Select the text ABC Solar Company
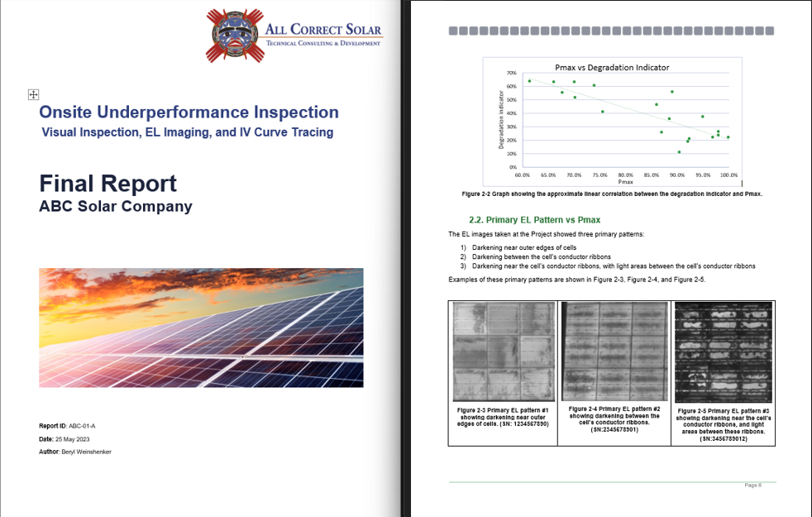click(115, 207)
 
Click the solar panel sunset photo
click(201, 328)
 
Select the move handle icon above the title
click(33, 95)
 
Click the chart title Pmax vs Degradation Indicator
click(612, 67)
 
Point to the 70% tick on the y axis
click(512, 74)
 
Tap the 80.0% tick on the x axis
click(625, 175)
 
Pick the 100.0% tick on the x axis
click(728, 175)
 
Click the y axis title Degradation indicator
click(502, 120)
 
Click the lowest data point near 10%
click(679, 152)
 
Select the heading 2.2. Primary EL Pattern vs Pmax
click(534, 219)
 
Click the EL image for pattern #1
click(503, 352)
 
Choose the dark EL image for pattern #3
click(723, 352)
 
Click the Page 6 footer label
click(752, 485)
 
